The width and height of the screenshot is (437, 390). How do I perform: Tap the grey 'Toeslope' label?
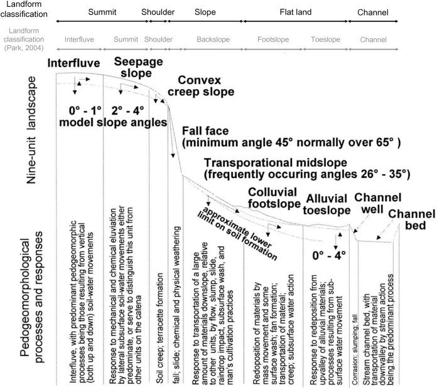[x=325, y=40]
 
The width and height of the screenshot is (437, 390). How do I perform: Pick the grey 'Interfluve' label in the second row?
[x=79, y=40]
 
